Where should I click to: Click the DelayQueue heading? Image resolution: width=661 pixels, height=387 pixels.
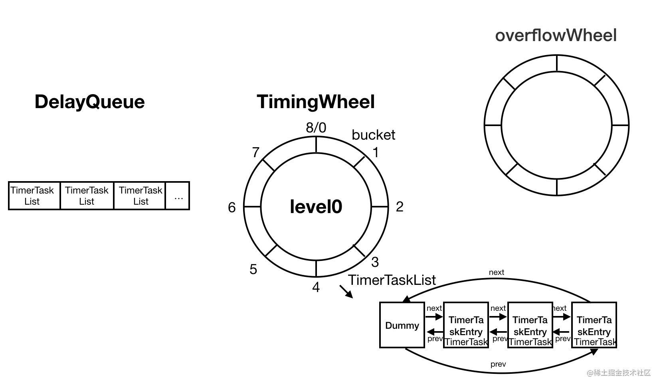click(89, 102)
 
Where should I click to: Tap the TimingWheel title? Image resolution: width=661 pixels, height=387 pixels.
click(316, 102)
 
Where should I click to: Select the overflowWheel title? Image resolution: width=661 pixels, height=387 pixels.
click(556, 36)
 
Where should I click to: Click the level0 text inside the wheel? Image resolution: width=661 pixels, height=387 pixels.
click(316, 207)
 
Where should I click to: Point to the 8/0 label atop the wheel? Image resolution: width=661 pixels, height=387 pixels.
click(316, 128)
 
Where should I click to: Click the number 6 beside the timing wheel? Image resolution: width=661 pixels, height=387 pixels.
click(232, 207)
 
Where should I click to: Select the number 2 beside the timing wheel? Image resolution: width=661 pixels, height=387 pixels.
click(400, 207)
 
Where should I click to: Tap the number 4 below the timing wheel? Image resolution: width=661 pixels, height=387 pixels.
click(316, 287)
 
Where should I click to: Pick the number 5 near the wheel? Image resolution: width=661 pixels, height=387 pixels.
click(253, 269)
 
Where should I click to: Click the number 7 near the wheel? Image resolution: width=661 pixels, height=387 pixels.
click(256, 152)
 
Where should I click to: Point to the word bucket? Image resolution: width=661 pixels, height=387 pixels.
click(373, 135)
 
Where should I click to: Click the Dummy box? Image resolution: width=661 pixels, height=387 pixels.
click(402, 325)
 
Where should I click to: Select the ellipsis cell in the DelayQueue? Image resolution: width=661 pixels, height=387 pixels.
click(178, 196)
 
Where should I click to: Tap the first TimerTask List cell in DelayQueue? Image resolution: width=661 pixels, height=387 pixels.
click(32, 196)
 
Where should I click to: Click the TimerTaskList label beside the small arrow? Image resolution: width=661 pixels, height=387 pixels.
click(392, 280)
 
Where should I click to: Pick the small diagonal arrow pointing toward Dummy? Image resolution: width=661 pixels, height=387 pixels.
click(346, 292)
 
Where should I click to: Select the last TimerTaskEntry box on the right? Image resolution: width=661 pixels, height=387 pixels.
click(594, 325)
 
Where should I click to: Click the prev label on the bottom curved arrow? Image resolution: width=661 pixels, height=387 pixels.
click(498, 364)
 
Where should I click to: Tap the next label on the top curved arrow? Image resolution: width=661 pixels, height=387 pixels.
click(496, 272)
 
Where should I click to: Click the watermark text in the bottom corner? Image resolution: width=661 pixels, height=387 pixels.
click(619, 373)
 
